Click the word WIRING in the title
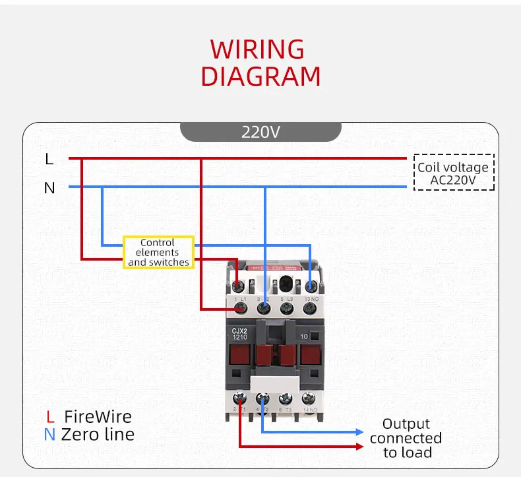[x=257, y=49]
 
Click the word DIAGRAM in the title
[x=260, y=77]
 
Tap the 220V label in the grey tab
[x=260, y=132]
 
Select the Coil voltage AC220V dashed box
[x=453, y=173]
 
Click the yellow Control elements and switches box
[x=158, y=252]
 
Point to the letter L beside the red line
[x=49, y=159]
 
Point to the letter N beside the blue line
[x=49, y=188]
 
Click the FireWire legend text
[x=98, y=417]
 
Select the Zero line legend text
[x=98, y=434]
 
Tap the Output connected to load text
[x=406, y=438]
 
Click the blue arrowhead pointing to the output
[x=359, y=432]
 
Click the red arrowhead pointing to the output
[x=359, y=447]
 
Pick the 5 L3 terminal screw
[x=286, y=307]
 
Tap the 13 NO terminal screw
[x=311, y=286]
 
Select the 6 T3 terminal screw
[x=286, y=398]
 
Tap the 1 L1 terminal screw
[x=238, y=286]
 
